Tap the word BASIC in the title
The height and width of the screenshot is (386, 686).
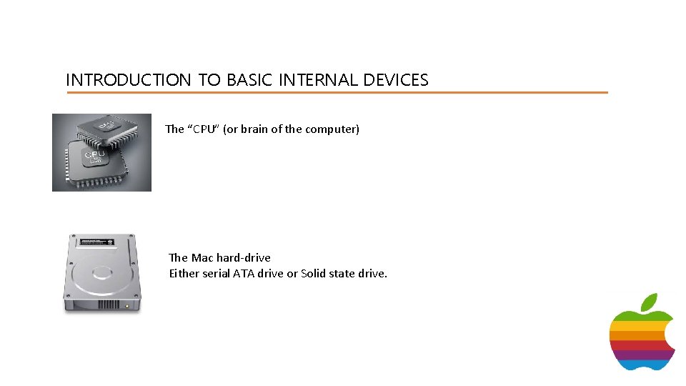click(249, 80)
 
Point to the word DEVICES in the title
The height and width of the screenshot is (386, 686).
click(395, 80)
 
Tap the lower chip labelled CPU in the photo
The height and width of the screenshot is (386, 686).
click(93, 162)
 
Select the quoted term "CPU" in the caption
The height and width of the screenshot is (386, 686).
click(203, 129)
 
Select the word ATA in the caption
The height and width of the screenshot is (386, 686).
click(243, 273)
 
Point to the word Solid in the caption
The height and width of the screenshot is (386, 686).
click(315, 273)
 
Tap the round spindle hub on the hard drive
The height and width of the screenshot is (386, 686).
click(101, 272)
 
